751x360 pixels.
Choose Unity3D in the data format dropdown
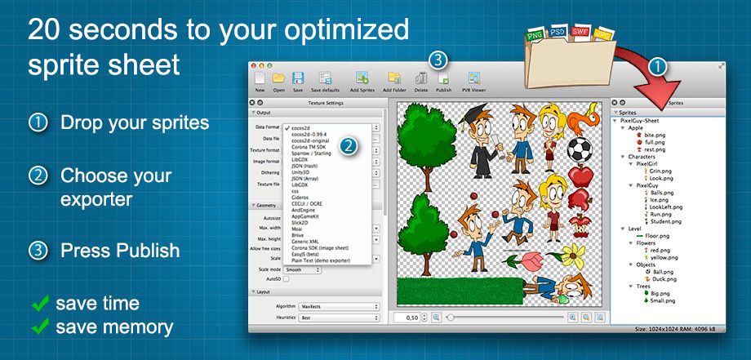tap(301, 172)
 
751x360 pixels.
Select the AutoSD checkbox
tap(286, 278)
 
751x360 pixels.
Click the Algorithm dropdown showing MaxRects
tap(340, 306)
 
